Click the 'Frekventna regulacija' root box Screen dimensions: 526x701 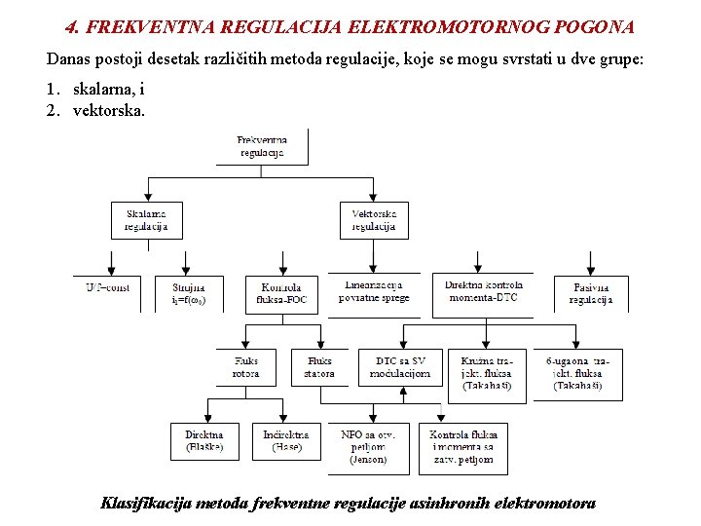262,146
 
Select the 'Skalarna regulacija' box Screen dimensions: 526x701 145,220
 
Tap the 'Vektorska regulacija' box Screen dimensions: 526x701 374,220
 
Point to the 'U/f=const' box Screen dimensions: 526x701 107,288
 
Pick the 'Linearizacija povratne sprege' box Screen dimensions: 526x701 374,291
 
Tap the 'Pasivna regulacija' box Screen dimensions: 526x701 591,293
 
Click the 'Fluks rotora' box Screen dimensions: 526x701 246,367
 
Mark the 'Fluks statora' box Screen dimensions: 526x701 319,367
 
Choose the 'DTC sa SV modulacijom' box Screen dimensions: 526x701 400,367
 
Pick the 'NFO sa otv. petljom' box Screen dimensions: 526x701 368,446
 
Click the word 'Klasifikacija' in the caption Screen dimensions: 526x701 145,504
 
